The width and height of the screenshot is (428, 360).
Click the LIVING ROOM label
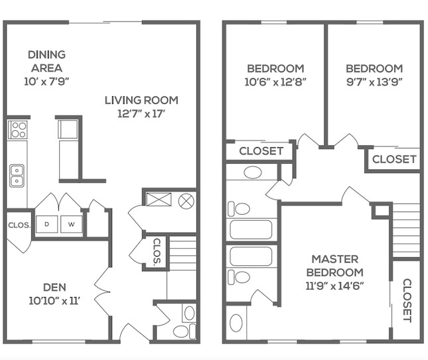point(141,100)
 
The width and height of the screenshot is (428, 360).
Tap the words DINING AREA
point(46,61)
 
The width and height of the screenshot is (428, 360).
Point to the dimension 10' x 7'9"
point(46,81)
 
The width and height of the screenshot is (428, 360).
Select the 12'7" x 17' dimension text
point(141,113)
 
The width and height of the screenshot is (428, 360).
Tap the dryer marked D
point(47,225)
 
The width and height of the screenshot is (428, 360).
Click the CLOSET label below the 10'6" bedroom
point(261,151)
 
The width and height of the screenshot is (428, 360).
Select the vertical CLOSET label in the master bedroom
point(407,300)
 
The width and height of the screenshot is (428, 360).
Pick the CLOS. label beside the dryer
point(19,225)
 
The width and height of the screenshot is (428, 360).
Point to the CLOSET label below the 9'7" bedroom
point(394,159)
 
